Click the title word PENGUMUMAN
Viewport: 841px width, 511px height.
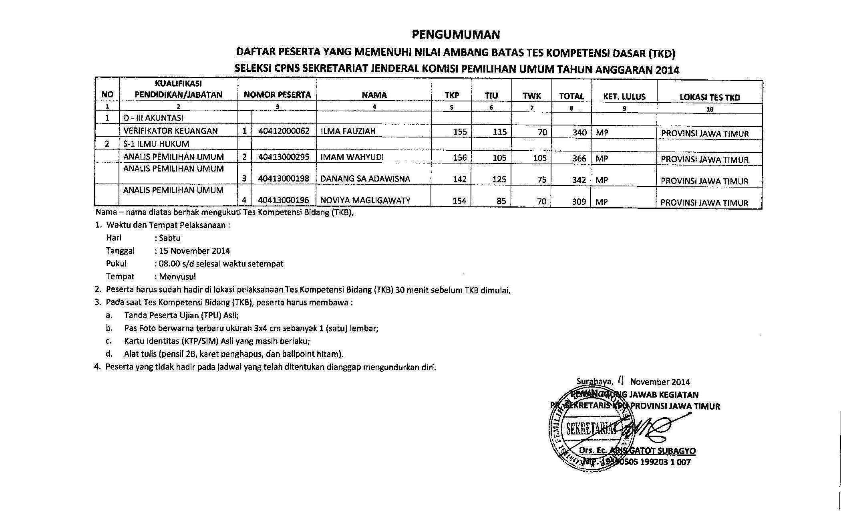click(456, 35)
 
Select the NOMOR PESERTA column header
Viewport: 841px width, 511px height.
click(277, 95)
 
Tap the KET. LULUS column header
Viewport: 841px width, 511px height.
click(624, 97)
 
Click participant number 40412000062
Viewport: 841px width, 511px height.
click(284, 131)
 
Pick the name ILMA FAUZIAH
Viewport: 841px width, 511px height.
click(348, 131)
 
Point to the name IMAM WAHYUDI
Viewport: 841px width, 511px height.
click(352, 157)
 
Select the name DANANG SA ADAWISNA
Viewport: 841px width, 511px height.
click(365, 179)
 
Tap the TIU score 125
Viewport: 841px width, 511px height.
click(499, 180)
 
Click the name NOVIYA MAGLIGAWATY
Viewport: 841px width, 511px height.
click(365, 200)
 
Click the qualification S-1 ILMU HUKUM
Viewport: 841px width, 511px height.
click(156, 144)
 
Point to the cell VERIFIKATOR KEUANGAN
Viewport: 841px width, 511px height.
click(171, 131)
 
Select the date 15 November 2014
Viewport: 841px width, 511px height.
click(195, 251)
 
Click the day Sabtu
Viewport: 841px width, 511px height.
click(170, 238)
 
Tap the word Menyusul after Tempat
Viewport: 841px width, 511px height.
click(177, 277)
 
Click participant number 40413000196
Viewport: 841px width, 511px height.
click(284, 200)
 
